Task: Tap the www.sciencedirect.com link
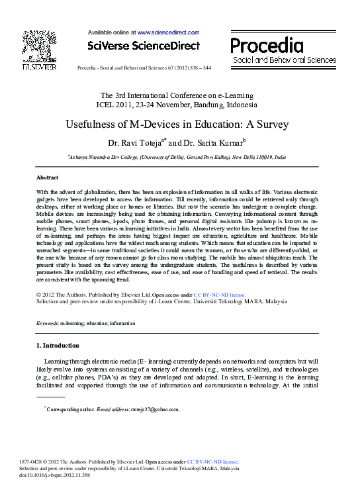[168, 32]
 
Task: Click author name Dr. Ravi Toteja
[136, 142]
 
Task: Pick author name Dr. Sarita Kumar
[214, 142]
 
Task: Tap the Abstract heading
[47, 177]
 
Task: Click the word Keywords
[47, 323]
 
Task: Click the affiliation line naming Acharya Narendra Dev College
[177, 158]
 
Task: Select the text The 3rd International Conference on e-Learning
[179, 95]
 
